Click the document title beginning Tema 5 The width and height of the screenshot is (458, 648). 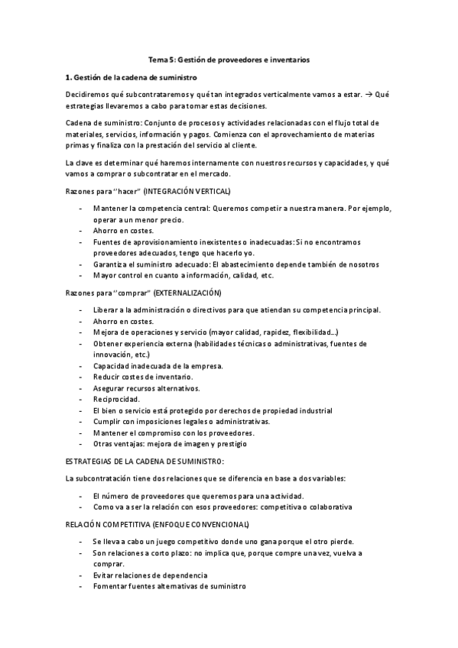click(229, 59)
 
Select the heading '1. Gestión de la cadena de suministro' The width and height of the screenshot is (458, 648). click(132, 77)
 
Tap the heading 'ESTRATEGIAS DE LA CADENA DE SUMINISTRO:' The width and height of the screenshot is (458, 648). click(145, 462)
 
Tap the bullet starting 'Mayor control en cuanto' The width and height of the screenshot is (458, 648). click(183, 275)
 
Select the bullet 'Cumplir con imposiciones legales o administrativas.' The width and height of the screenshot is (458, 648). click(181, 422)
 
